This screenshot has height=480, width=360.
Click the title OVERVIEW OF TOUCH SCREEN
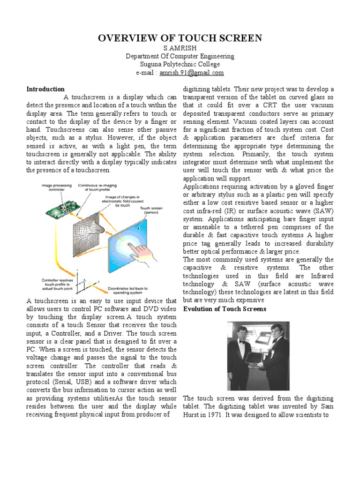pos(180,38)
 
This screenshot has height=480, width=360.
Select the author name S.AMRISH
pos(180,49)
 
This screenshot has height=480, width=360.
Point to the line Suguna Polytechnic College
pos(180,65)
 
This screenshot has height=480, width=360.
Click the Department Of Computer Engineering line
pos(180,57)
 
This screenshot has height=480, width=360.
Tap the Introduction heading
pos(45,89)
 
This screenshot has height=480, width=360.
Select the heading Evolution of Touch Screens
pos(225,309)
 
